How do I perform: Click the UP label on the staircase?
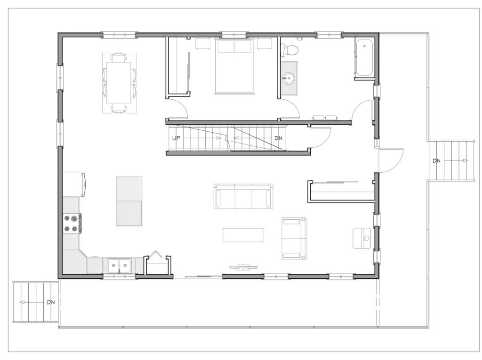[176, 138]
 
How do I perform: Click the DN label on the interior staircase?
[278, 138]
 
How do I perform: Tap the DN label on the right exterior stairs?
[436, 161]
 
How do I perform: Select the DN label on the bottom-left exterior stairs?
[51, 302]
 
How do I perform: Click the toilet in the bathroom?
[290, 49]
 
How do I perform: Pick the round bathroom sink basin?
[289, 78]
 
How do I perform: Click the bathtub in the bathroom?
[364, 57]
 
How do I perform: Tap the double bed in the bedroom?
[235, 65]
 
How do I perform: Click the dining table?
[119, 83]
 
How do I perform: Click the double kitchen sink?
[119, 265]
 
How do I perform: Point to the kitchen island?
[129, 201]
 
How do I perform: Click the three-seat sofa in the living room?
[243, 196]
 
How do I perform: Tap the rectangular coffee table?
[243, 235]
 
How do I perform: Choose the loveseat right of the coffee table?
[294, 239]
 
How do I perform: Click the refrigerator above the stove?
[74, 184]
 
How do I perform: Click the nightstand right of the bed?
[265, 43]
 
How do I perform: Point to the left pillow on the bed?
[226, 47]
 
